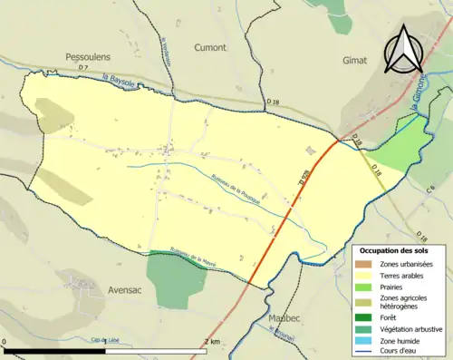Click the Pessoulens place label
coord(87,56)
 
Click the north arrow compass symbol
coord(405,50)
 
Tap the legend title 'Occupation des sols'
coord(394,249)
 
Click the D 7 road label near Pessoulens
coord(82,68)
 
